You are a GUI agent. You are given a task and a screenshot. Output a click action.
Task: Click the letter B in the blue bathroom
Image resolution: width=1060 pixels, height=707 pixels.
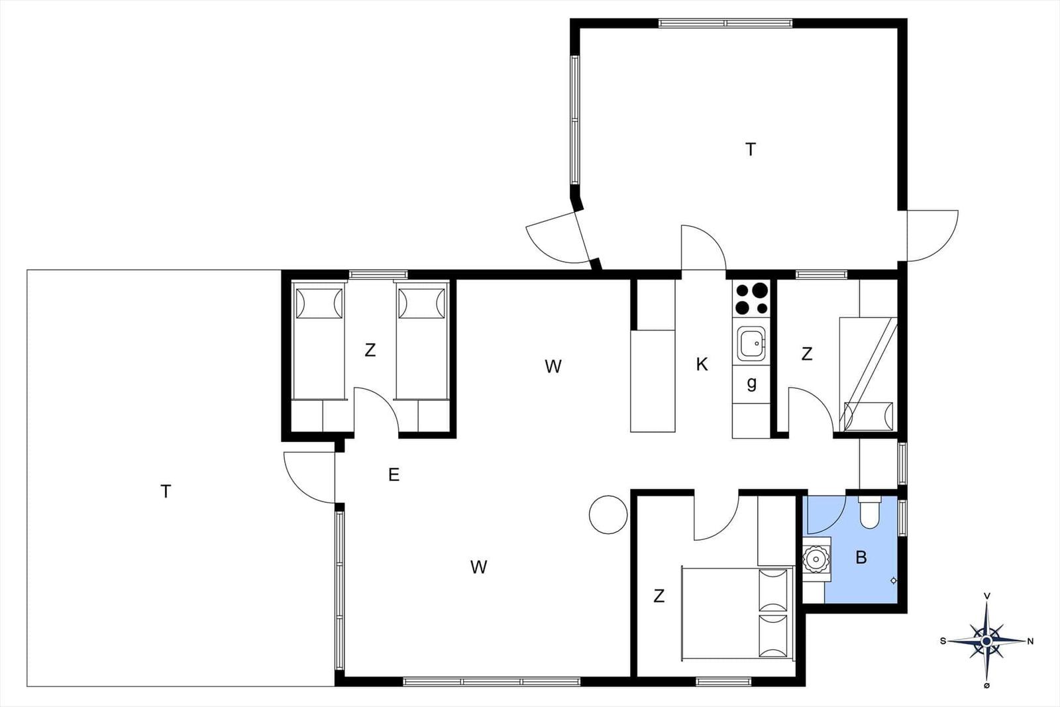pos(861,557)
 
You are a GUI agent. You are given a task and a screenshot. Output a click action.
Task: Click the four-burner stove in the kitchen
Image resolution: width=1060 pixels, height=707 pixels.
pos(751,299)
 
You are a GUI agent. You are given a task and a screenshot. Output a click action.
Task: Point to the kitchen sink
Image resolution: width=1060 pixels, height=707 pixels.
pos(751,343)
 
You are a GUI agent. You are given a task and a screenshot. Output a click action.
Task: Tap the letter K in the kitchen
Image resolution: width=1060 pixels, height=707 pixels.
pos(702,364)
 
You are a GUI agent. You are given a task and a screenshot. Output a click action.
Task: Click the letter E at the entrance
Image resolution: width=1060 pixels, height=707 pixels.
pos(394,474)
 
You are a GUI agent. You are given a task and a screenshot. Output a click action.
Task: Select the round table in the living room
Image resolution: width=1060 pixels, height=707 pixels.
pos(608,515)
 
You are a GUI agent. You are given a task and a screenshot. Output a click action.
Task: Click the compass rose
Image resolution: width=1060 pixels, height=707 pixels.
pos(986,641)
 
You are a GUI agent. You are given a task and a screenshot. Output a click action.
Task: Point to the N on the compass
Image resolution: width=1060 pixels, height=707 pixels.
pos(1030,641)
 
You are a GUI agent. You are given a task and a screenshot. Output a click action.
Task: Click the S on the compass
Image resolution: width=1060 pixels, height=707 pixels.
pos(943,641)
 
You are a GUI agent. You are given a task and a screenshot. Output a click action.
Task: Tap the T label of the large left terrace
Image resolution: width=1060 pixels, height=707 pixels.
pos(166,491)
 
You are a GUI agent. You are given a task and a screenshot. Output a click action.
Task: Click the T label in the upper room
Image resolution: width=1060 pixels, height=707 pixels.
pos(750,150)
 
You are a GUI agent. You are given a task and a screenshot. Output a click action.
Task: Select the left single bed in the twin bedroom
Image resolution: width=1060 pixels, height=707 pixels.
pos(319,342)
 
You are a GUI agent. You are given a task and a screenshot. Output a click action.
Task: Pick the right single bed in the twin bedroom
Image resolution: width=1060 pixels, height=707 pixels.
pos(422,342)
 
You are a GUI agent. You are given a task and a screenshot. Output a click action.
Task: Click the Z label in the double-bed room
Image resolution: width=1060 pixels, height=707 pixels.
pos(659,596)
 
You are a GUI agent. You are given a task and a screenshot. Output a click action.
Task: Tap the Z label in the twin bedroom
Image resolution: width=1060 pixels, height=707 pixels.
pos(370,350)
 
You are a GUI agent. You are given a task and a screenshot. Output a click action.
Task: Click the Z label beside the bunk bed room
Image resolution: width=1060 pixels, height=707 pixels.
pos(806,354)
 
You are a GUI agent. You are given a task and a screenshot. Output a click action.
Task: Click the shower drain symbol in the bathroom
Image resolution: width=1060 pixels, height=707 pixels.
pos(893,580)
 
